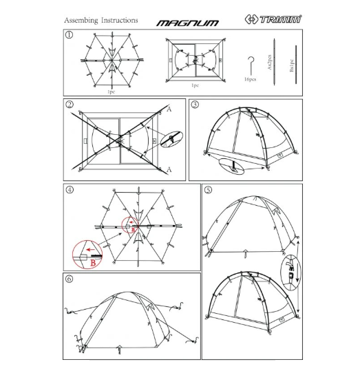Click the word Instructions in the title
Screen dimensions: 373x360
point(120,21)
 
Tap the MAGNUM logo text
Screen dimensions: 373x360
point(187,22)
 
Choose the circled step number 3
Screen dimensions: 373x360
point(195,105)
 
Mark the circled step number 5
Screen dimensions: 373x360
point(209,190)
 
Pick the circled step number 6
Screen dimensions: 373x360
point(70,279)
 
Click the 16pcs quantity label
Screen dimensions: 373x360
point(251,79)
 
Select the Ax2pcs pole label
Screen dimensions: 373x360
point(270,63)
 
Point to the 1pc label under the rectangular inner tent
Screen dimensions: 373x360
point(195,85)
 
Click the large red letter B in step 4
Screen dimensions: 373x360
point(92,261)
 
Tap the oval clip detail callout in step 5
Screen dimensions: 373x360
point(289,273)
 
